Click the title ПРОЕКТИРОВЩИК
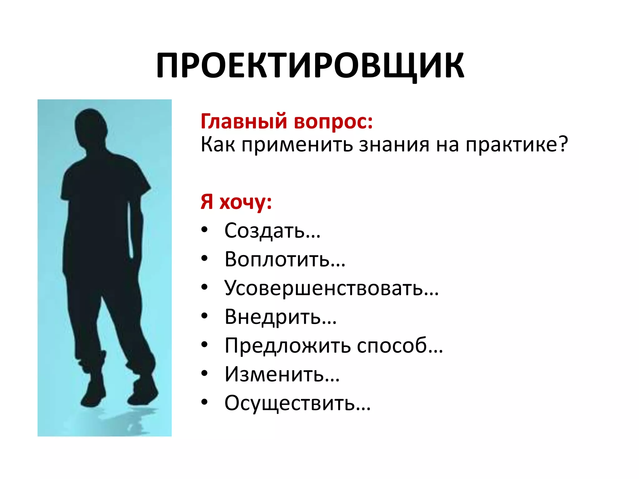(310, 66)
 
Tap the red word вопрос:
(333, 122)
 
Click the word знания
(394, 145)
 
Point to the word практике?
(517, 145)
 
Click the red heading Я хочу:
(236, 202)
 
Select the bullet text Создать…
(272, 231)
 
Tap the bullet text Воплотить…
(285, 259)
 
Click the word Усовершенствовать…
(331, 288)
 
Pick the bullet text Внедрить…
(280, 317)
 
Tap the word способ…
(400, 346)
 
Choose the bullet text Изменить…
(282, 374)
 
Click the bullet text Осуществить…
(297, 403)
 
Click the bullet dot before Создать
(204, 230)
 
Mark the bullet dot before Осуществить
(204, 402)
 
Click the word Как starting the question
(217, 145)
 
